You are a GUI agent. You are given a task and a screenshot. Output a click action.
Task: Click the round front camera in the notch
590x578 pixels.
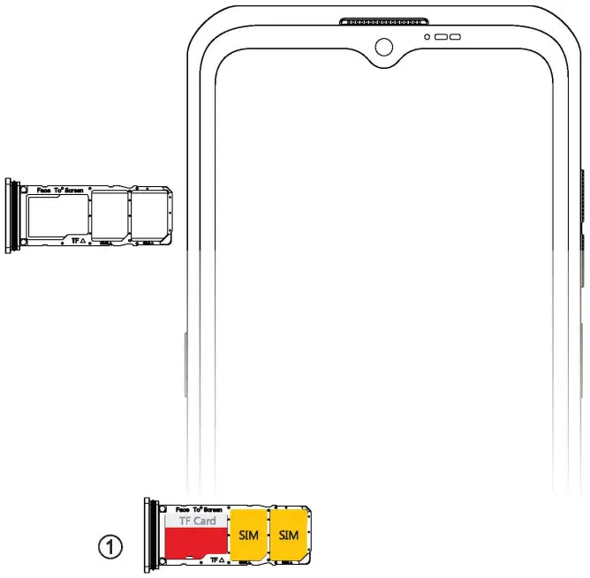(384, 46)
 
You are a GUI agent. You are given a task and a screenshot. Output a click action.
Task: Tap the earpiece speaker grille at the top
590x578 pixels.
(384, 20)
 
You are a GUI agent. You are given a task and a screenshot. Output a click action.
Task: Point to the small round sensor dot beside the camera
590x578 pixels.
(428, 38)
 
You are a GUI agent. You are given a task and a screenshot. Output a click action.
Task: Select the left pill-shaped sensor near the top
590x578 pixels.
(441, 38)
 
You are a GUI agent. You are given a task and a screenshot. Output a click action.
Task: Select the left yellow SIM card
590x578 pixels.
(247, 536)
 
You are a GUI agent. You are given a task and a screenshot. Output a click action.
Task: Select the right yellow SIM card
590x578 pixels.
(288, 536)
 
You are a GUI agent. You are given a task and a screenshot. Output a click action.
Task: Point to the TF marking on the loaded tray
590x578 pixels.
(216, 559)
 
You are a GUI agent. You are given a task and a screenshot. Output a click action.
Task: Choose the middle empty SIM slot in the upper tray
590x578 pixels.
(110, 214)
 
